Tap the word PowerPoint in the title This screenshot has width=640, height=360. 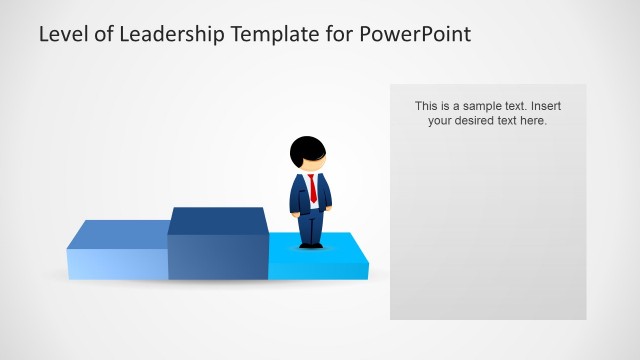click(415, 34)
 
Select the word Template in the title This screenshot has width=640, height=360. click(274, 34)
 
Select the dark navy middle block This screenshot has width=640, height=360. click(217, 255)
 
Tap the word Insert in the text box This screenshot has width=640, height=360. click(542, 106)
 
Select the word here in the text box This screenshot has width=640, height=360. click(534, 121)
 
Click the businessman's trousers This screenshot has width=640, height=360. click(311, 226)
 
